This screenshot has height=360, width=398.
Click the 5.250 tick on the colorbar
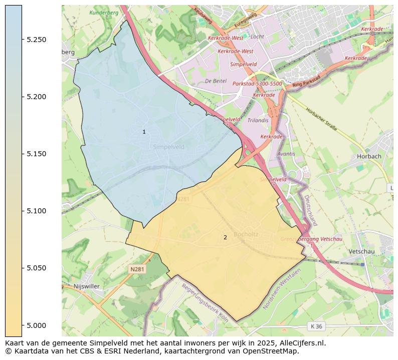click(x=37, y=40)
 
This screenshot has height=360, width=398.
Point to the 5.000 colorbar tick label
click(x=37, y=325)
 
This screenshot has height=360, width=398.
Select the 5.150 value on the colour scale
click(x=37, y=154)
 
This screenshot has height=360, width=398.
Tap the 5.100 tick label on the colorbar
click(x=37, y=211)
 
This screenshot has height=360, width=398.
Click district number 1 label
click(x=144, y=132)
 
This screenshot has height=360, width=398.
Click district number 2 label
click(x=225, y=237)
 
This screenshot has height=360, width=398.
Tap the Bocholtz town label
click(x=246, y=234)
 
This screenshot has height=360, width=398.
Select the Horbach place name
click(x=369, y=156)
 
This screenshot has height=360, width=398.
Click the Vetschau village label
click(x=362, y=251)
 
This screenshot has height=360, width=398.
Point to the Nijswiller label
click(x=87, y=286)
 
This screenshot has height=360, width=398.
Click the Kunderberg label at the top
click(x=103, y=12)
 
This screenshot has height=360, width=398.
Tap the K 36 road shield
click(x=316, y=326)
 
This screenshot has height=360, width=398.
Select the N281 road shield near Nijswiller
click(x=137, y=269)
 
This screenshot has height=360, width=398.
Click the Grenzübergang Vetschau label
click(x=311, y=239)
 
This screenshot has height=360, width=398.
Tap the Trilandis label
click(x=258, y=121)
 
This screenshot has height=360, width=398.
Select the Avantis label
click(x=286, y=154)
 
